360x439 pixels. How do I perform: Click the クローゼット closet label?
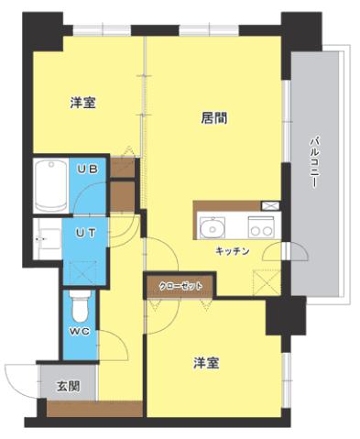tap(179, 285)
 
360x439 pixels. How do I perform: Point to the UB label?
tap(87, 170)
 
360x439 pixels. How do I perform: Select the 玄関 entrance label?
tap(68, 386)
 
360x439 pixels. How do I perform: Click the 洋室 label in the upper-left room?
tap(83, 104)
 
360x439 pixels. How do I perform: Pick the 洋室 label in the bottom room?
tap(205, 363)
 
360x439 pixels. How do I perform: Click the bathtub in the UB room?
tap(47, 185)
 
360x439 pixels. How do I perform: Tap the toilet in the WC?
tap(78, 301)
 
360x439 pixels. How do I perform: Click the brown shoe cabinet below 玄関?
tap(94, 409)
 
